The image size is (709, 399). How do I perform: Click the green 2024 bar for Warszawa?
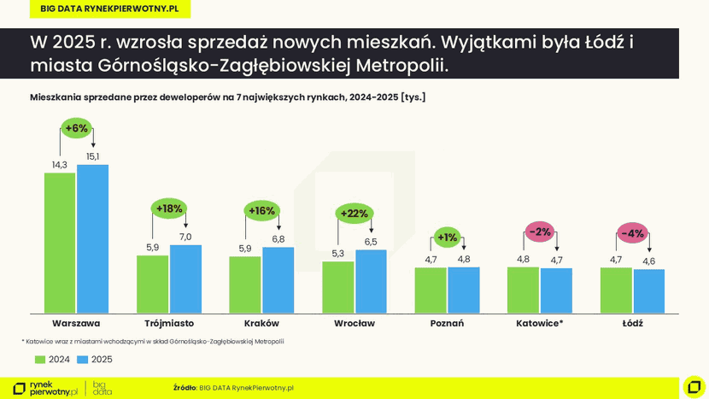pyautogui.click(x=60, y=243)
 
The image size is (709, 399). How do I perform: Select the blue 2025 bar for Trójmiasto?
pyautogui.click(x=185, y=279)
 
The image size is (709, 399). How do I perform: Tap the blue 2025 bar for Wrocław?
pyautogui.click(x=371, y=281)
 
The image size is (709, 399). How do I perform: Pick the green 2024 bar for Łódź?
pyautogui.click(x=616, y=290)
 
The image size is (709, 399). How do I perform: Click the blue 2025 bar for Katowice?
pyautogui.click(x=556, y=290)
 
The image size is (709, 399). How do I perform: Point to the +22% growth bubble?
pyautogui.click(x=354, y=214)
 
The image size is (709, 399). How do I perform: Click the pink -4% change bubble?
pyautogui.click(x=632, y=233)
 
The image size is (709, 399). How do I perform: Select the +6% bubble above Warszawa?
pyautogui.click(x=76, y=128)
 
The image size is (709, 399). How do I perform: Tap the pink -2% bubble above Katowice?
pyautogui.click(x=540, y=232)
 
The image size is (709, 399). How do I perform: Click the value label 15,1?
pyautogui.click(x=92, y=156)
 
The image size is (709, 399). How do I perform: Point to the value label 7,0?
pyautogui.click(x=185, y=237)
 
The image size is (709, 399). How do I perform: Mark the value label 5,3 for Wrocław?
pyautogui.click(x=337, y=253)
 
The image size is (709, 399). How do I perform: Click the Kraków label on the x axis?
pyautogui.click(x=261, y=324)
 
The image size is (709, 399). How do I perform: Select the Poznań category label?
pyautogui.click(x=447, y=324)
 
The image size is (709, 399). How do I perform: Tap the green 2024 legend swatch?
pyautogui.click(x=39, y=360)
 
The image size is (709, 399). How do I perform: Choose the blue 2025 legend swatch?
pyautogui.click(x=83, y=360)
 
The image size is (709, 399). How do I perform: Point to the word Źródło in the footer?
pyautogui.click(x=185, y=388)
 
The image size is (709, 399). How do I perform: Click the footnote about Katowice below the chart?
pyautogui.click(x=154, y=341)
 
